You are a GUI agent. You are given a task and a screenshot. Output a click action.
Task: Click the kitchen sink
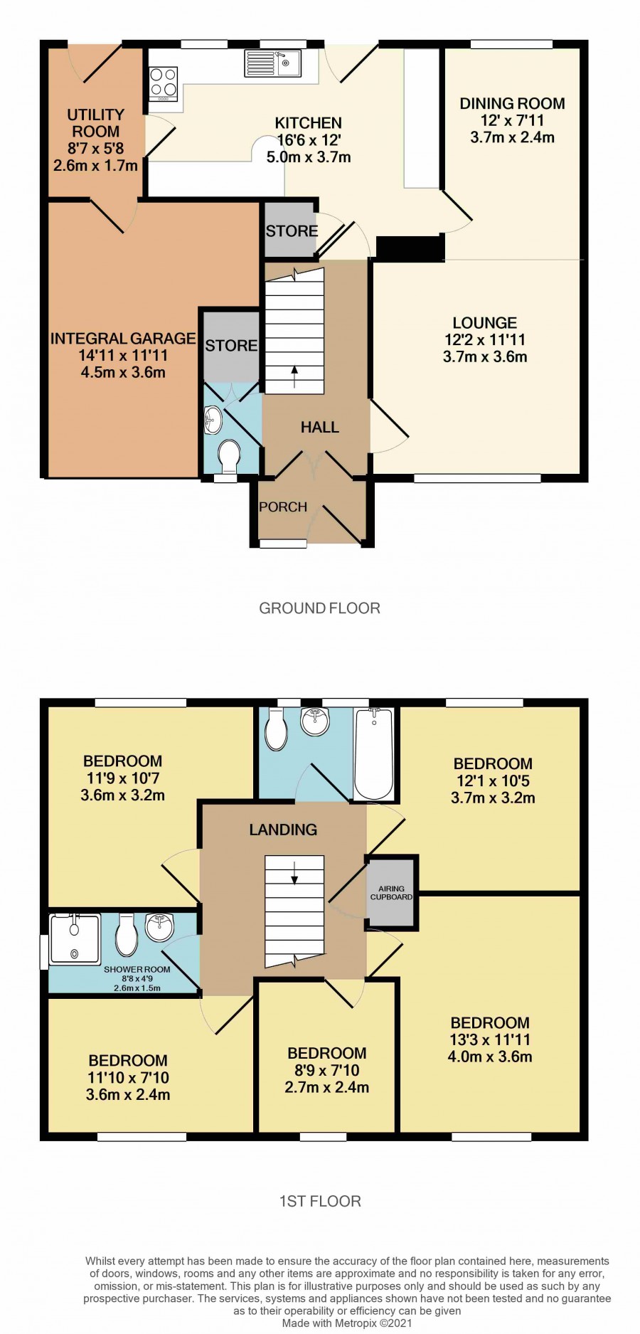tap(273, 63)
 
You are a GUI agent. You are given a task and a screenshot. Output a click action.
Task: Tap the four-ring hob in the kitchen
tap(164, 84)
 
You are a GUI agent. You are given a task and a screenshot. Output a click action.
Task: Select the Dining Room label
tap(512, 104)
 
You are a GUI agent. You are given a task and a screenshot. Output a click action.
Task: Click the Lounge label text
tap(485, 323)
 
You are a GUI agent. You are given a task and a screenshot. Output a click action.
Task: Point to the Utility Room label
tap(96, 123)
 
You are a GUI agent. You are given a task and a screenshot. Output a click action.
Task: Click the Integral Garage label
tap(122, 339)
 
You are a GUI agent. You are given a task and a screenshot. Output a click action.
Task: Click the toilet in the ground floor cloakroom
tap(230, 456)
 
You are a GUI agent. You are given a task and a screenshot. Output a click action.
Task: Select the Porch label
tap(283, 507)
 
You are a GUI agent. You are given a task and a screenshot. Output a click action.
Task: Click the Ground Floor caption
tap(320, 608)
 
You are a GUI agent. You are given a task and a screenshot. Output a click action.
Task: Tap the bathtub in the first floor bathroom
tap(373, 753)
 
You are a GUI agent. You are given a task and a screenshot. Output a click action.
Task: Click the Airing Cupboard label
tap(391, 893)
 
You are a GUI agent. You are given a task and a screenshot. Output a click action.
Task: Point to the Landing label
tap(283, 830)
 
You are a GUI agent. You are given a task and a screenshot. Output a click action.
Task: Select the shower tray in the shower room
tap(75, 938)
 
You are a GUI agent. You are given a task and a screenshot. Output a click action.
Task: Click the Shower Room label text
tap(137, 970)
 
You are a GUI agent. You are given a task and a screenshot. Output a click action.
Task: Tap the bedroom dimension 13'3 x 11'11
tap(490, 1040)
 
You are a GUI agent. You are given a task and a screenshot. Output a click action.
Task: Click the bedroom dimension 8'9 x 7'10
tap(327, 1071)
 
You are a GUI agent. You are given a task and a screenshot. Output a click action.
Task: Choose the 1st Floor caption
tap(320, 1202)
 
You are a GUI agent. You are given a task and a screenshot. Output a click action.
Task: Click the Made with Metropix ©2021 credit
tap(347, 1323)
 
